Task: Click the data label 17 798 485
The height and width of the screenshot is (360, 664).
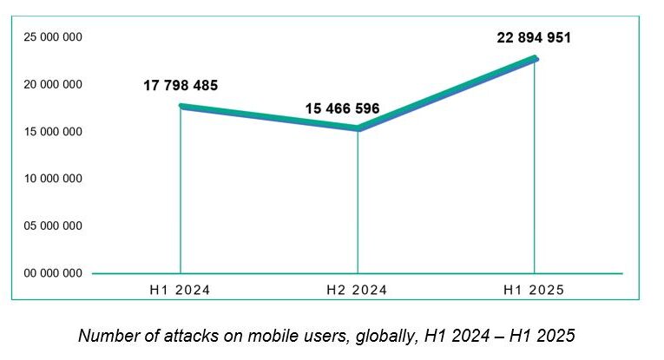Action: pyautogui.click(x=181, y=86)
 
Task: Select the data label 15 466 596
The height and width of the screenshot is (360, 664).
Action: pyautogui.click(x=342, y=110)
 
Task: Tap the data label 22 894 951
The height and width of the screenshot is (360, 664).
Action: pyautogui.click(x=534, y=38)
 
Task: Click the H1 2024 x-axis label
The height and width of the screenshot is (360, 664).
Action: pyautogui.click(x=181, y=291)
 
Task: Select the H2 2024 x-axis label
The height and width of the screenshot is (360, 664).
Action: pyautogui.click(x=358, y=291)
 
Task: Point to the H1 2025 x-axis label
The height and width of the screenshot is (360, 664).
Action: pyautogui.click(x=534, y=291)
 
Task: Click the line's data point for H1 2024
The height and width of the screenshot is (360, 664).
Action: pyautogui.click(x=181, y=106)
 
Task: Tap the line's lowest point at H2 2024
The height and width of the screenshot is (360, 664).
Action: pyautogui.click(x=358, y=128)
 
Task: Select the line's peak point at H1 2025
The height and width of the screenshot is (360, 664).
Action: pyautogui.click(x=535, y=58)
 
